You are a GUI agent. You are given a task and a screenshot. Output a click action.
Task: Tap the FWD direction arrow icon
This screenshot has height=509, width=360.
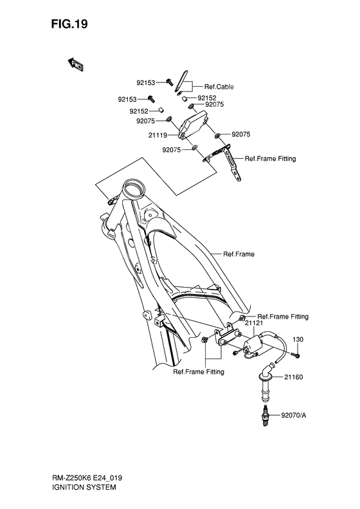(75, 64)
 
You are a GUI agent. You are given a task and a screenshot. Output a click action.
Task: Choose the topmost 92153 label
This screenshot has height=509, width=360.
(145, 82)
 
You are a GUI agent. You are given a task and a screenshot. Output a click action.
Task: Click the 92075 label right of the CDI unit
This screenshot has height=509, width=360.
(240, 134)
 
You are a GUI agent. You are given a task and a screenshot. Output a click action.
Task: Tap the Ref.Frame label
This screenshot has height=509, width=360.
(239, 254)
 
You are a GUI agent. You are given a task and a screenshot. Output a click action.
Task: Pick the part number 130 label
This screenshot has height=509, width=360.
(298, 339)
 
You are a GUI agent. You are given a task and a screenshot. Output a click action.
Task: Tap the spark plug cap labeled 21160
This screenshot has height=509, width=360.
(265, 380)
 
